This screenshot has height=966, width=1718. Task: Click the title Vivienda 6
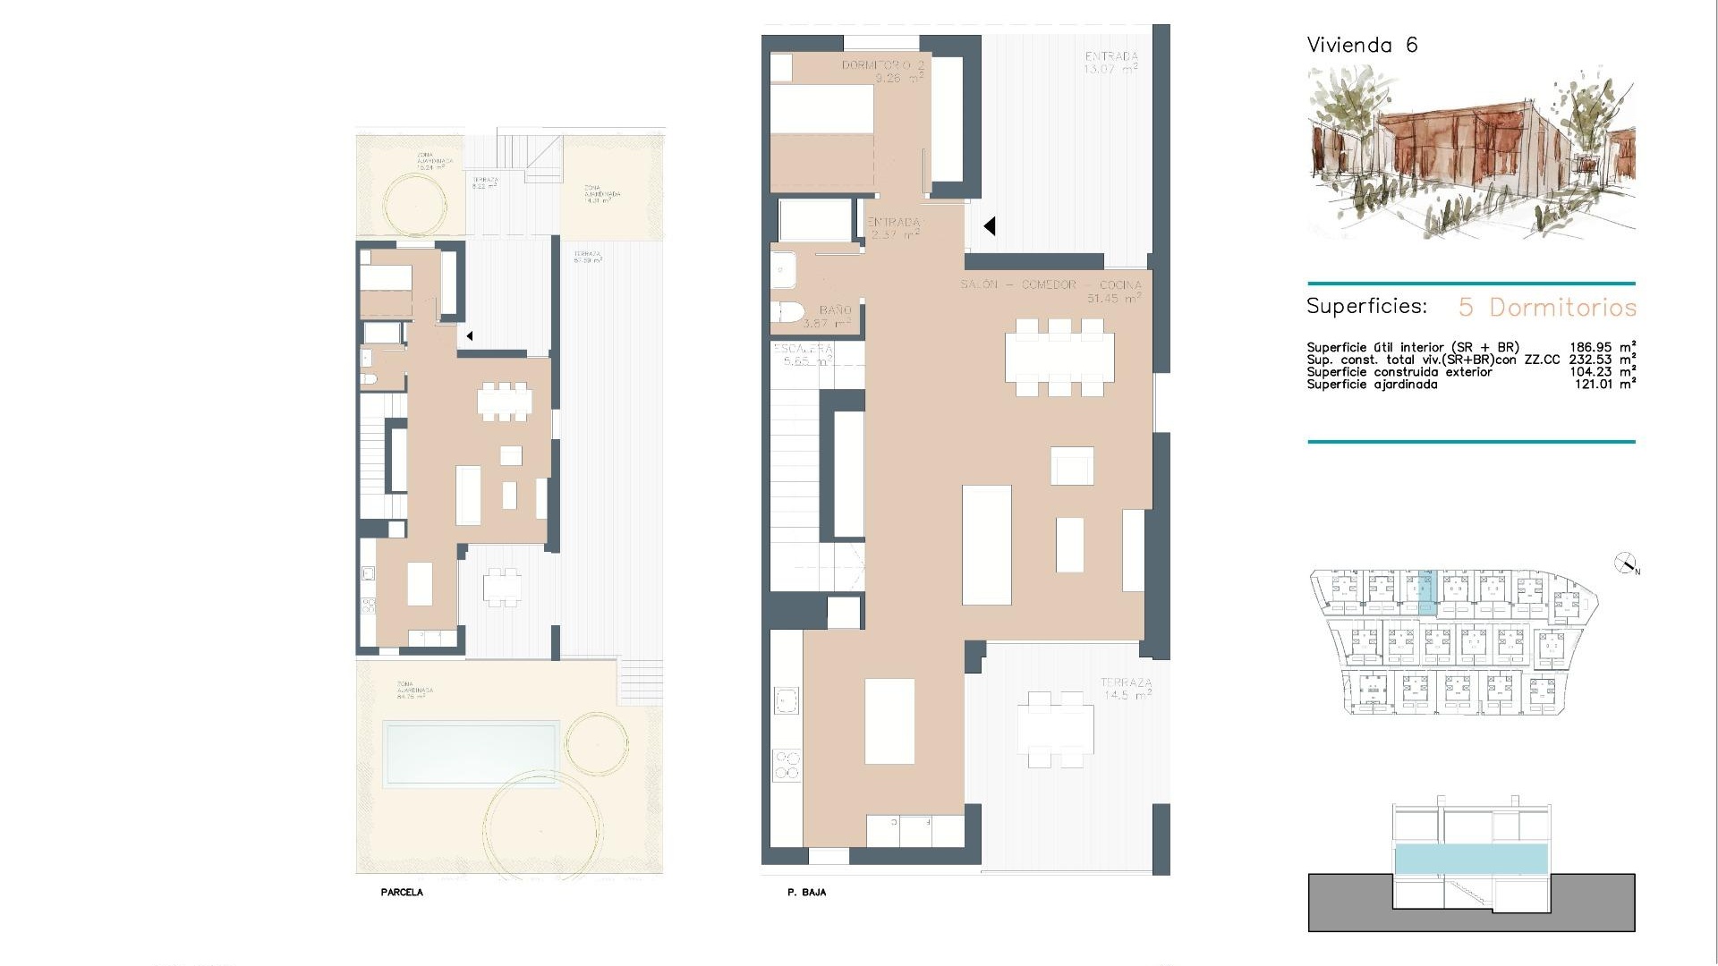click(1362, 46)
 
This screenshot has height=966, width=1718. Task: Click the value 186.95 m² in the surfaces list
click(1603, 347)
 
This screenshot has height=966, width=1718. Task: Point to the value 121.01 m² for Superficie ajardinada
click(1605, 385)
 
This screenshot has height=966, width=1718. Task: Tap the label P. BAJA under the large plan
click(806, 893)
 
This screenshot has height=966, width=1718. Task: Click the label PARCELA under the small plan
click(402, 893)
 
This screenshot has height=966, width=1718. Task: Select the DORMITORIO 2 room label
click(882, 72)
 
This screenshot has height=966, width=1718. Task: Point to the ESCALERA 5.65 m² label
click(803, 355)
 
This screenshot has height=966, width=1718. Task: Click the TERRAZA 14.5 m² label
click(1126, 689)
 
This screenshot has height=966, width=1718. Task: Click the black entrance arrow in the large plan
click(990, 226)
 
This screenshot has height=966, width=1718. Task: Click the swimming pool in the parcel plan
click(470, 754)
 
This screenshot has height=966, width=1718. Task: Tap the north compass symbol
click(1625, 563)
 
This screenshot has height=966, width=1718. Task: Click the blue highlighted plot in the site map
click(1426, 592)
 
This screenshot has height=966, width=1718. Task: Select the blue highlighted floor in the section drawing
click(1471, 859)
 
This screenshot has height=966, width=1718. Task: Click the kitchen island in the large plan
click(889, 721)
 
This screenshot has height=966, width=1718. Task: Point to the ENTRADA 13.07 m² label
click(1110, 63)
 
